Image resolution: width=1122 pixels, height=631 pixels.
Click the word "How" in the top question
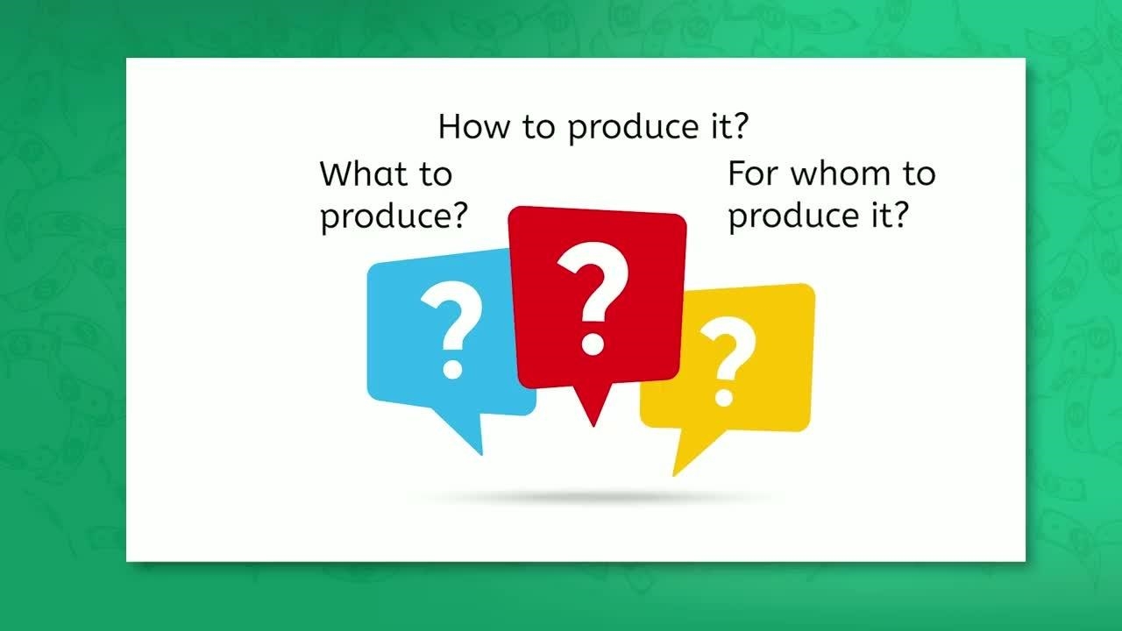pyautogui.click(x=474, y=126)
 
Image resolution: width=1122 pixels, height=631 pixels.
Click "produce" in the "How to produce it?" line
pyautogui.click(x=633, y=127)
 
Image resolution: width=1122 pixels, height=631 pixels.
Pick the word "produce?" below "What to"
pyautogui.click(x=394, y=216)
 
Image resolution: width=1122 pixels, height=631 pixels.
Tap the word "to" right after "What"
pyautogui.click(x=436, y=174)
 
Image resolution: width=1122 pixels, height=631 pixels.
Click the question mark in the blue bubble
pyautogui.click(x=452, y=330)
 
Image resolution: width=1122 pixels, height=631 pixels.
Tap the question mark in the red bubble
pyautogui.click(x=593, y=299)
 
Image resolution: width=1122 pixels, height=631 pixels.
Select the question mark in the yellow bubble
pyautogui.click(x=728, y=361)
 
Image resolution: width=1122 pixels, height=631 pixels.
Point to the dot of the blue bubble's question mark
pyautogui.click(x=452, y=369)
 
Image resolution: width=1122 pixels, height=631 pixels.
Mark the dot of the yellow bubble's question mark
pyautogui.click(x=724, y=396)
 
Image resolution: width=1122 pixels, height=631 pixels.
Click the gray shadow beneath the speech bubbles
pyautogui.click(x=591, y=497)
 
